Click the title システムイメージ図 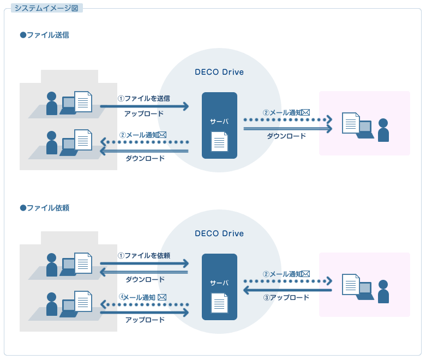coord(46,8)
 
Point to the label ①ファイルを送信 coord(144,98)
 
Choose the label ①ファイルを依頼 coord(144,255)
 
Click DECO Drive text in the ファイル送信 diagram coord(219,72)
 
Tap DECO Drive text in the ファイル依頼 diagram coord(219,233)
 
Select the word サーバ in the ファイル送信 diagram coord(219,122)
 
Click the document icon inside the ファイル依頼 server coord(219,304)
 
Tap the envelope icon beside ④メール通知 coord(162,297)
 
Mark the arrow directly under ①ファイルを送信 coord(144,106)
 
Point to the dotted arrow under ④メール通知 coord(144,304)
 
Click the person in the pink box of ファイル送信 coord(383,130)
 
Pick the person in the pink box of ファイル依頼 coord(383,292)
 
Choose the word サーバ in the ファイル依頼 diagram coord(219,283)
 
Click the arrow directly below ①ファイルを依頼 coord(144,263)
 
